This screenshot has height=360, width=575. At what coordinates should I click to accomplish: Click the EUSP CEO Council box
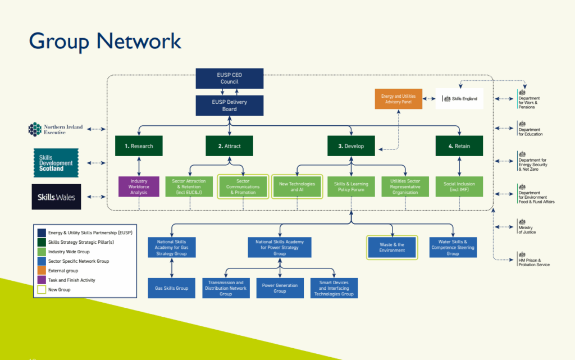[229, 79]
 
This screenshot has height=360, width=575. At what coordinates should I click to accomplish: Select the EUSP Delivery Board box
[229, 106]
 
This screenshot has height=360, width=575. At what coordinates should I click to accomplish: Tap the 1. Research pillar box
[139, 146]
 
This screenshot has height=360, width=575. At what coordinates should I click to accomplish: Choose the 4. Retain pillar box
[459, 146]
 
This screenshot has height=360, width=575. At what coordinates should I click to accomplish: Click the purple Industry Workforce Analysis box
[139, 187]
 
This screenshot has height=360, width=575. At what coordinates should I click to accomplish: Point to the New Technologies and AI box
[297, 187]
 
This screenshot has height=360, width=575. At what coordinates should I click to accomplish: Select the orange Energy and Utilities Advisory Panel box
[398, 99]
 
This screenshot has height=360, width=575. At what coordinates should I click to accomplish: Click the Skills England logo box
[459, 99]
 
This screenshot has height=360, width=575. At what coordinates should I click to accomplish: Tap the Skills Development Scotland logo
[56, 163]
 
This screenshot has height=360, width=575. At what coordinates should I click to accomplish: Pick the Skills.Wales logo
[56, 197]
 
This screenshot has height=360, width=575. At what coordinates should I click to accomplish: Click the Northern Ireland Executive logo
[56, 130]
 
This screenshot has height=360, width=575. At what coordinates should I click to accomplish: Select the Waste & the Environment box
[392, 247]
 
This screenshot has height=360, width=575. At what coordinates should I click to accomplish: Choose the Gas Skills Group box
[172, 288]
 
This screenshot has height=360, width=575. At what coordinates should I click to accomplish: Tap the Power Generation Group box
[280, 288]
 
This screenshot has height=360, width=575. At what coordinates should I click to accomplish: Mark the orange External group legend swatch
[42, 271]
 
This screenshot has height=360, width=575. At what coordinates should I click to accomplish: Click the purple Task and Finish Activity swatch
[42, 280]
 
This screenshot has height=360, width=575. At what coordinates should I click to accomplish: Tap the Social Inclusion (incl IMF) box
[459, 187]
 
